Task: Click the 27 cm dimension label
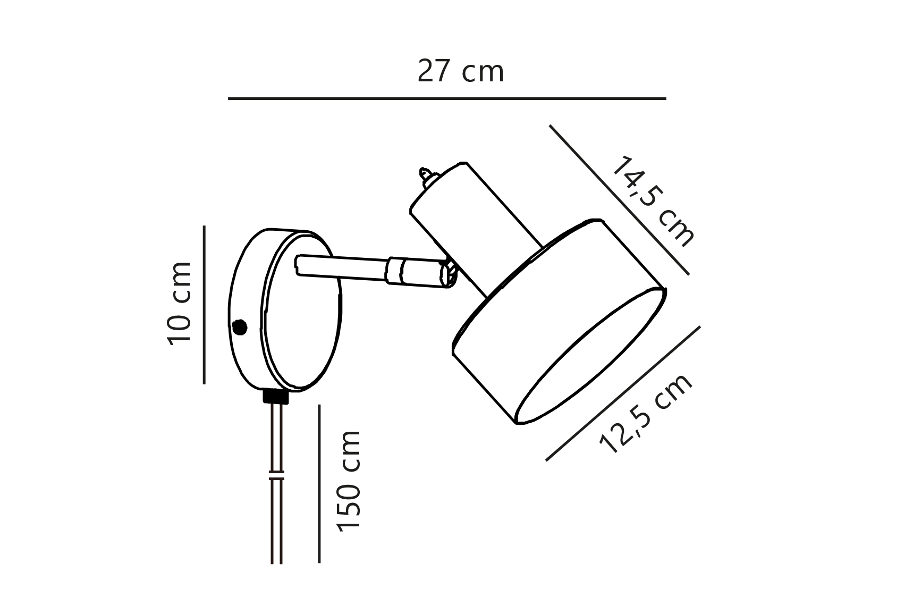click(x=460, y=72)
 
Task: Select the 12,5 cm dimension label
click(x=646, y=413)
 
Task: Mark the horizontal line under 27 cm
click(x=447, y=98)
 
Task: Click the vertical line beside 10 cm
click(x=205, y=305)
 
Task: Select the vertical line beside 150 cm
click(x=319, y=483)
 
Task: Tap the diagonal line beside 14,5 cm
click(x=620, y=200)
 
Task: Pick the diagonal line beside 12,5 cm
click(x=623, y=393)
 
